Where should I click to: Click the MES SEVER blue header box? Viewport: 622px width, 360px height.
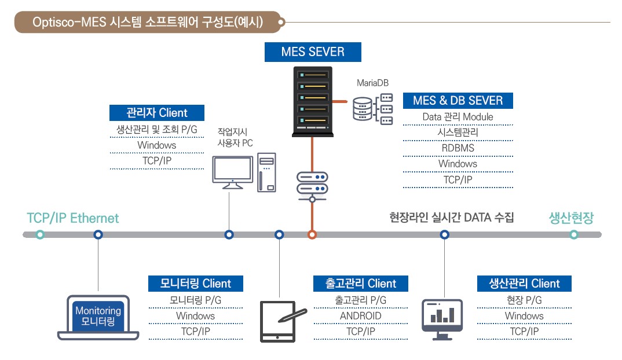(x=313, y=52)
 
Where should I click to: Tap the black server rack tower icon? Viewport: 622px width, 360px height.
(x=313, y=101)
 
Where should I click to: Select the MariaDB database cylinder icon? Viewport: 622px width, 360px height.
(x=362, y=109)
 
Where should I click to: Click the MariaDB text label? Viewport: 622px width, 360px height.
(x=372, y=83)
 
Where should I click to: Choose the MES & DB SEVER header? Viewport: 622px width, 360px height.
(x=458, y=101)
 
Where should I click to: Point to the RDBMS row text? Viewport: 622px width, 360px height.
(x=458, y=148)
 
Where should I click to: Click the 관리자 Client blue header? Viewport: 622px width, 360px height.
(x=157, y=113)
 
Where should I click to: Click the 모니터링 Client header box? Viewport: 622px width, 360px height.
(x=196, y=284)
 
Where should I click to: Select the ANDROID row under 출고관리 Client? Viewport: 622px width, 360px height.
(x=361, y=316)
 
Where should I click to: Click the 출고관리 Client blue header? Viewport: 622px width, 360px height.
(x=361, y=284)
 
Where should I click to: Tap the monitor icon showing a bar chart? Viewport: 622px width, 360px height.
(x=442, y=319)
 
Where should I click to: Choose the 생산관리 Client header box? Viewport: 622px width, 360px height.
(x=524, y=284)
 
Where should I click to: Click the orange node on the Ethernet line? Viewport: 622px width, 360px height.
(x=312, y=235)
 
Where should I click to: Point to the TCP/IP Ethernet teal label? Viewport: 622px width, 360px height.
(x=72, y=218)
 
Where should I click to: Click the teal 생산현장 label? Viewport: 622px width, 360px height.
(x=571, y=218)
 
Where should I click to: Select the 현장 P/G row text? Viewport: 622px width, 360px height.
(x=524, y=300)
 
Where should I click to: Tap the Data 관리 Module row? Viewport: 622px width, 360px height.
(x=458, y=117)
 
